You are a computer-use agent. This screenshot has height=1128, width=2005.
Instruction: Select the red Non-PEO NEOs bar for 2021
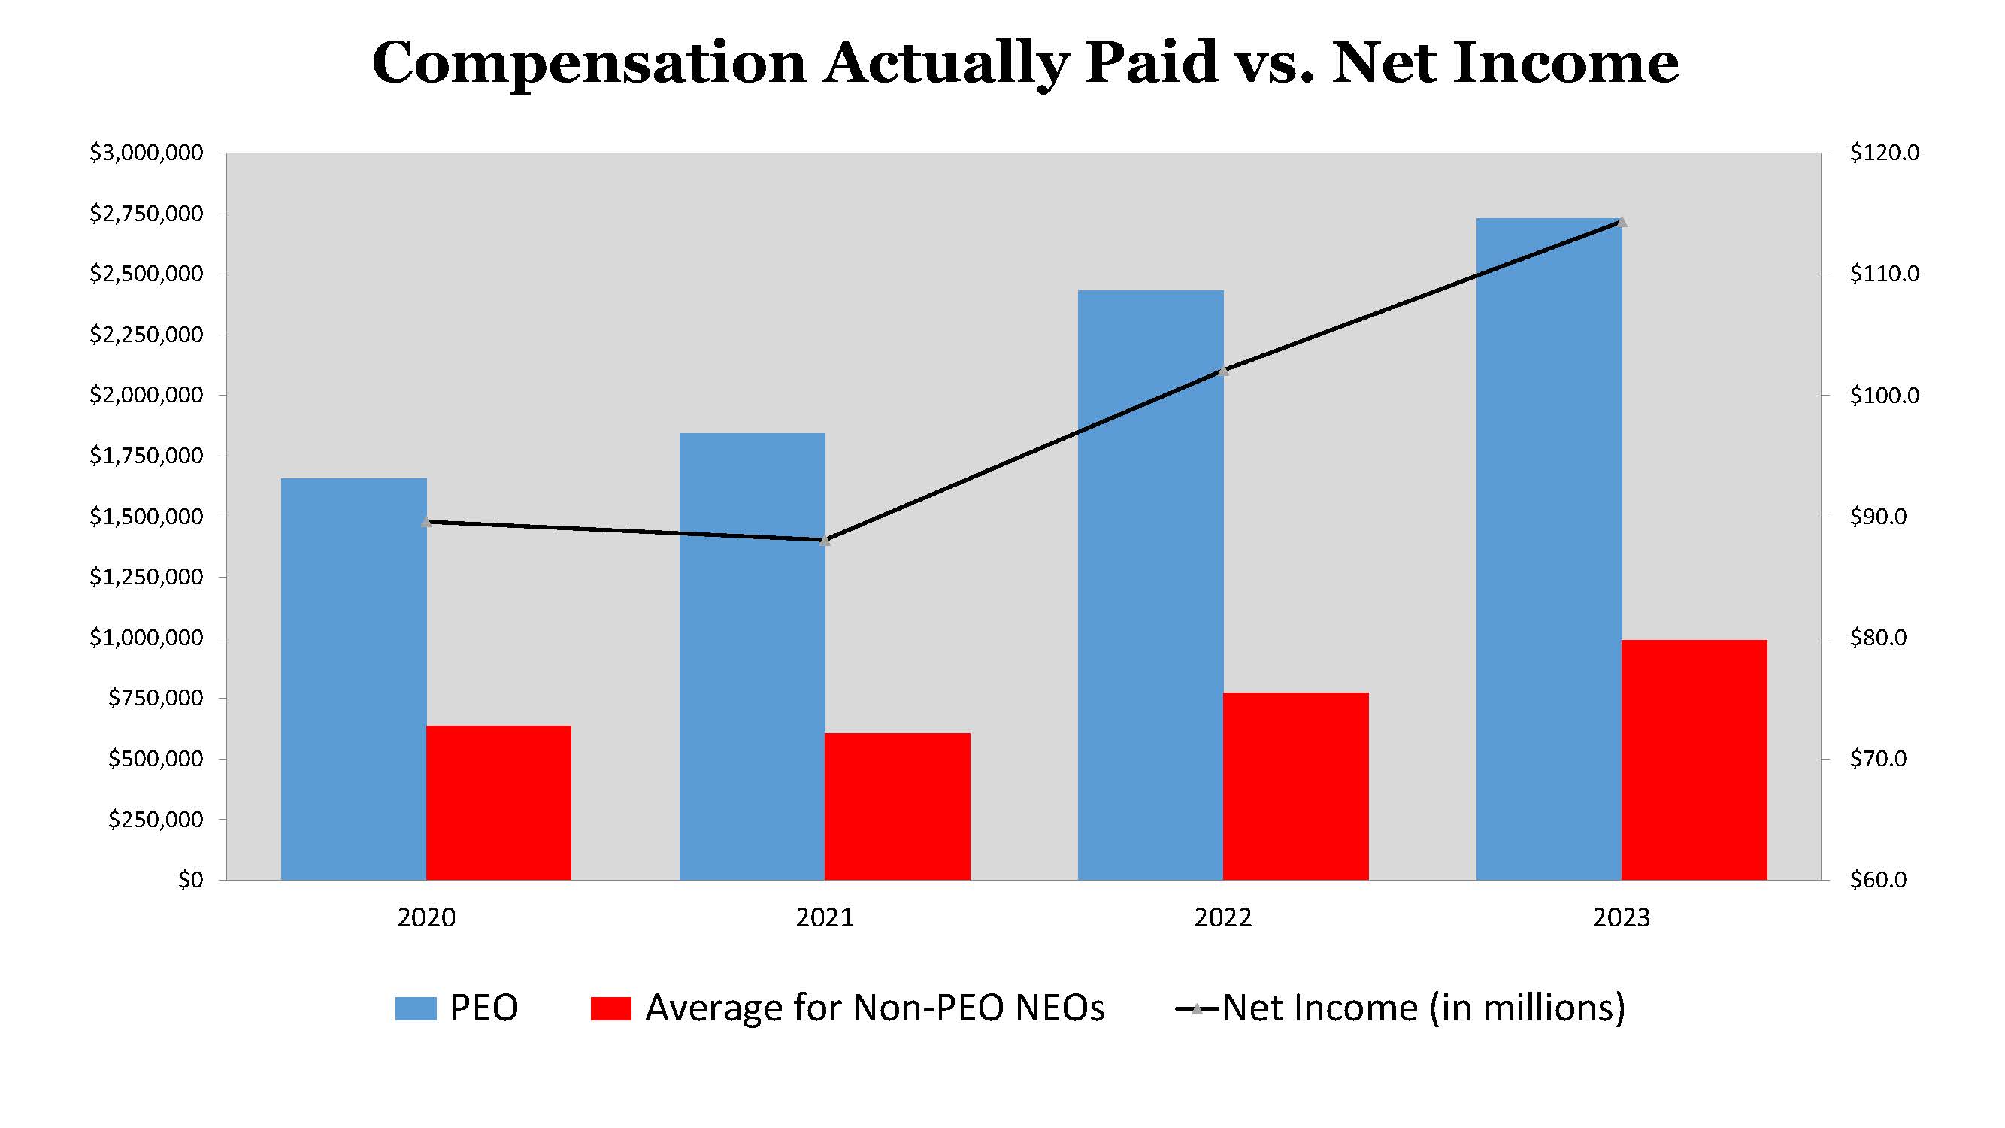[x=898, y=806]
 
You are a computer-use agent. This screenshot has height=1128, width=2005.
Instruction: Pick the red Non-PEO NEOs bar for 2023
[x=1695, y=760]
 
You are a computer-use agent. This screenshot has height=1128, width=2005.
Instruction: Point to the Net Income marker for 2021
[x=825, y=540]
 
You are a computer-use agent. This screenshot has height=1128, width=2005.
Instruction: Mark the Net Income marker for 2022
[x=1222, y=371]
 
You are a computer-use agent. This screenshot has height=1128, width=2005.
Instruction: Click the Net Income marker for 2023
[x=1622, y=223]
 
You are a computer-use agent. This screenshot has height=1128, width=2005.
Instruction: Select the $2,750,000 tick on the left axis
[x=147, y=214]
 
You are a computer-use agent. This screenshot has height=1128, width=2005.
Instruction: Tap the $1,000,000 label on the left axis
[x=147, y=638]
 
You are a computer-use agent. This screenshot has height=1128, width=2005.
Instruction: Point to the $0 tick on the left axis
[x=190, y=880]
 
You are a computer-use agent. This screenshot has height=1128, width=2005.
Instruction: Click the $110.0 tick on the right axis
[x=1883, y=274]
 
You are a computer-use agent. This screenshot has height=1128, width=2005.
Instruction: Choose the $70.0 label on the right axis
[x=1877, y=758]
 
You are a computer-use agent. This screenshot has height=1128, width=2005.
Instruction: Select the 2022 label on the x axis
[x=1222, y=917]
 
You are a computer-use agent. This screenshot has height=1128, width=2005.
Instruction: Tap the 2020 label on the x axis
[x=426, y=917]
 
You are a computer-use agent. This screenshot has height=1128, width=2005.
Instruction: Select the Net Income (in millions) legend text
[x=1424, y=1008]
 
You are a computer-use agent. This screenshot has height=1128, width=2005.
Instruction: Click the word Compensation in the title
[x=589, y=64]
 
